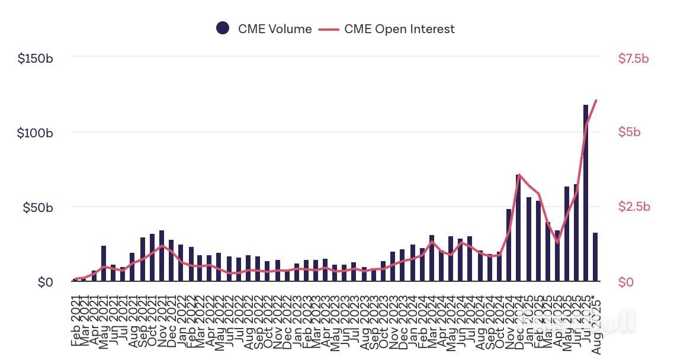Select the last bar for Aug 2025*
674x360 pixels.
[595, 257]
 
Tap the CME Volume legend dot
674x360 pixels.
[223, 28]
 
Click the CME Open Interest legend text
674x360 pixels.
[399, 28]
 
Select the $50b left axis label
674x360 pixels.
[38, 207]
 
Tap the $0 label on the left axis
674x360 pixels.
[45, 282]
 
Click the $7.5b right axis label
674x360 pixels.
[633, 59]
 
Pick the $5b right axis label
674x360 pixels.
[629, 133]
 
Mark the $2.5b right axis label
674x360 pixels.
[633, 207]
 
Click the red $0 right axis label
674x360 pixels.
[626, 282]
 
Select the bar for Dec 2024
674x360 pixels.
[518, 228]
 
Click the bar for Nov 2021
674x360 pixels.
[162, 256]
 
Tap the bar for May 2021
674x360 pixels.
[104, 263]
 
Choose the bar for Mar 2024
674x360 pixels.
[432, 258]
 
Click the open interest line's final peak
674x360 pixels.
[595, 100]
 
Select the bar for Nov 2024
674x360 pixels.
[509, 245]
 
